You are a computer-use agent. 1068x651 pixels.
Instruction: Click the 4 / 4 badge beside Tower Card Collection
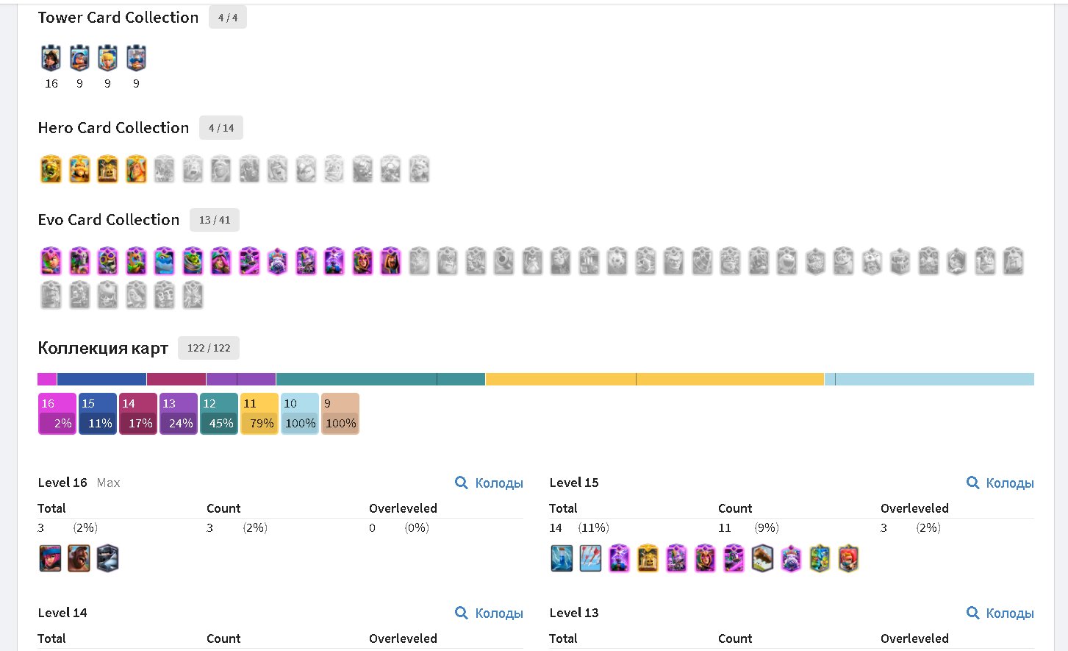(227, 18)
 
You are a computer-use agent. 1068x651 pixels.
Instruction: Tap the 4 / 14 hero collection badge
(221, 128)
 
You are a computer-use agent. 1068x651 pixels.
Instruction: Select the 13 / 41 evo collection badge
(214, 220)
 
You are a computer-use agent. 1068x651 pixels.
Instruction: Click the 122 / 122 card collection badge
(208, 348)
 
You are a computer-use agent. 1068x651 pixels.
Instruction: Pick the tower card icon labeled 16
(51, 58)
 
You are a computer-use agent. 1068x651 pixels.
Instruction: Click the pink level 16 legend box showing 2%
(57, 413)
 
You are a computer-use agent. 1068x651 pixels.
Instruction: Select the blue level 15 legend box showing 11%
(98, 413)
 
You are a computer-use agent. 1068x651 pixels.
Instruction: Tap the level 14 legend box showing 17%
(138, 413)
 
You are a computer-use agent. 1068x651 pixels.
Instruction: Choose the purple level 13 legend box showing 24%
(179, 413)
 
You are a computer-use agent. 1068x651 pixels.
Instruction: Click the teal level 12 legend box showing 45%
(219, 413)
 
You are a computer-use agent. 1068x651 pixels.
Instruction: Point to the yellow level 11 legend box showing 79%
(259, 413)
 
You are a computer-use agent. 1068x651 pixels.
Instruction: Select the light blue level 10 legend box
(300, 413)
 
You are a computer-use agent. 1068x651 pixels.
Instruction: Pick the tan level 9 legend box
(340, 413)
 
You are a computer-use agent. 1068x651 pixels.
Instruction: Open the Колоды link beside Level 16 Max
(490, 483)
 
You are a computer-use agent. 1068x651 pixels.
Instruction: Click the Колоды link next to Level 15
(1000, 483)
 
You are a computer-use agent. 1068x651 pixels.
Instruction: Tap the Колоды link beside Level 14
(490, 613)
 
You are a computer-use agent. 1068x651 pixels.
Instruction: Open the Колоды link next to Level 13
(1000, 613)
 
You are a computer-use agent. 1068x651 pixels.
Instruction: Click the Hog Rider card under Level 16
(79, 558)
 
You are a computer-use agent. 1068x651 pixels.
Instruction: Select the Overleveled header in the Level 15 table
(914, 508)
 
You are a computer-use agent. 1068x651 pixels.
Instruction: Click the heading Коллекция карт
(103, 349)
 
